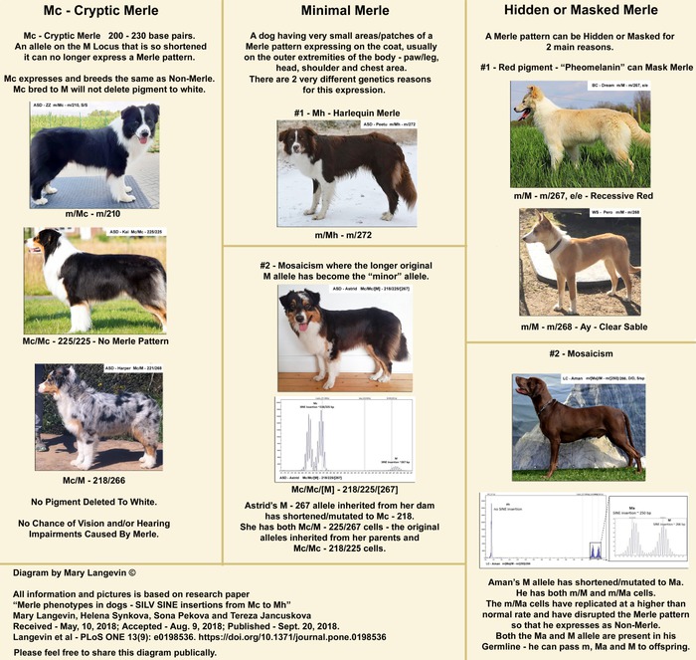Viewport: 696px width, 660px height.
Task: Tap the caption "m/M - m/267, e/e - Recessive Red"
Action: click(581, 196)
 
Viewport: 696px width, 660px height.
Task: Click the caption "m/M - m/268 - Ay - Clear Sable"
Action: click(581, 327)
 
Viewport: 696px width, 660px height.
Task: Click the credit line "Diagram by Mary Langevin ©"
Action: click(76, 573)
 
